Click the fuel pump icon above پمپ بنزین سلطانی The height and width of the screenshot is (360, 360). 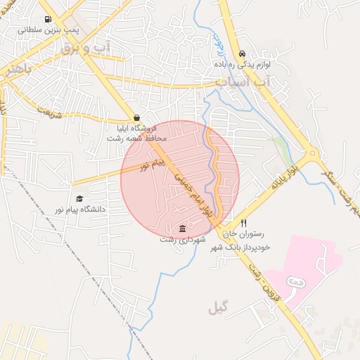[47, 20]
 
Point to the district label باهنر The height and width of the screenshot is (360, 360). [15, 70]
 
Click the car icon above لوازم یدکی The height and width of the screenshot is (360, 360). [243, 53]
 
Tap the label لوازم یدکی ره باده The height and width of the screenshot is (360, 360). [243, 64]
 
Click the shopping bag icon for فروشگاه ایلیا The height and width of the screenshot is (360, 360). [136, 117]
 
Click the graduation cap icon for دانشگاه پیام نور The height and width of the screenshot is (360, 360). [79, 199]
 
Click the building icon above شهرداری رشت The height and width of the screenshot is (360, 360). [183, 229]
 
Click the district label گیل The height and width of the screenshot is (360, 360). [219, 307]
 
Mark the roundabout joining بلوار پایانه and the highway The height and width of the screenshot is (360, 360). [312, 153]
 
